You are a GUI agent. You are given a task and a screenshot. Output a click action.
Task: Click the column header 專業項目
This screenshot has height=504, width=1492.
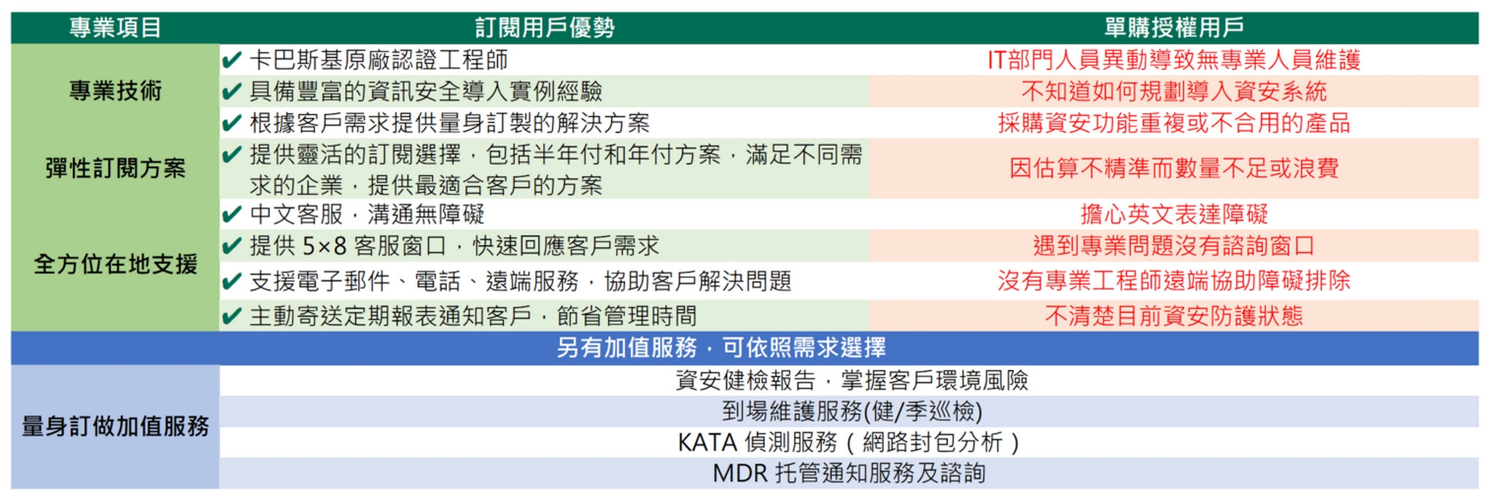[x=115, y=28]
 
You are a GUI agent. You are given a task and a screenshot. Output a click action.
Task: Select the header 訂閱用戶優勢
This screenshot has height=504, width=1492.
[x=545, y=28]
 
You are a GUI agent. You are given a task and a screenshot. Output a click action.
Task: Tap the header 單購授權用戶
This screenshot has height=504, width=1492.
[x=1174, y=28]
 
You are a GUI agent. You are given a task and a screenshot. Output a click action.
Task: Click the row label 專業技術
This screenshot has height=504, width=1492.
[x=115, y=91]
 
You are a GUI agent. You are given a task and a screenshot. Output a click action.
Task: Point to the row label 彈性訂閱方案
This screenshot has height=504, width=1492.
[x=115, y=168]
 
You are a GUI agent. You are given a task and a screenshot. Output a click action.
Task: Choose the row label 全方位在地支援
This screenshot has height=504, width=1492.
[x=115, y=264]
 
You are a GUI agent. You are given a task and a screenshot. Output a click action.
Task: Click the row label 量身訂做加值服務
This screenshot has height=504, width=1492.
[x=115, y=426]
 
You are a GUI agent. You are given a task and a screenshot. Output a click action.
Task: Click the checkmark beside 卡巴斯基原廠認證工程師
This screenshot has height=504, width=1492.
[x=232, y=60]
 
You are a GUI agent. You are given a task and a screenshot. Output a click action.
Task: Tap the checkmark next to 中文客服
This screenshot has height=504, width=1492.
[x=232, y=214]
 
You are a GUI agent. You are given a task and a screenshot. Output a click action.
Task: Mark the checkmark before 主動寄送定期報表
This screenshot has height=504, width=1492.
[x=232, y=316]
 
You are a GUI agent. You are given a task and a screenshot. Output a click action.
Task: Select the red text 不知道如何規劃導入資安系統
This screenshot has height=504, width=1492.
[x=1174, y=91]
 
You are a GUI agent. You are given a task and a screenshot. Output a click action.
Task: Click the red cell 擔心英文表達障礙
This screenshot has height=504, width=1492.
[x=1174, y=214]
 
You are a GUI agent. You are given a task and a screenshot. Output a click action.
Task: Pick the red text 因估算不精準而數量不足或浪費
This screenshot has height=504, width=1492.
[x=1174, y=168]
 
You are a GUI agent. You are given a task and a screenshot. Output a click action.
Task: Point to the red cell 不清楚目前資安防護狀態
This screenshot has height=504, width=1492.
[x=1174, y=316]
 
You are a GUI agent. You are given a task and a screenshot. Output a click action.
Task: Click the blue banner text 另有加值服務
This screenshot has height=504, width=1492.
[x=627, y=348]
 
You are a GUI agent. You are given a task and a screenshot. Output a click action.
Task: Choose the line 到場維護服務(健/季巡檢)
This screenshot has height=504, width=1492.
[x=852, y=412]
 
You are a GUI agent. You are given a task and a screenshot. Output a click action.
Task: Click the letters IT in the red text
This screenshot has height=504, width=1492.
[x=997, y=60]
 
